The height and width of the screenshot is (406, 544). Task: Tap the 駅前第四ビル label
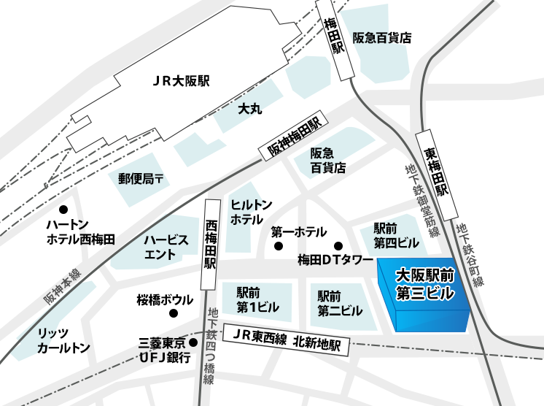[397, 234]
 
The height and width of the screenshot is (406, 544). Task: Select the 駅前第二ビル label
[340, 303]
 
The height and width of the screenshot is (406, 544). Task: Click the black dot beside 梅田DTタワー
[338, 245]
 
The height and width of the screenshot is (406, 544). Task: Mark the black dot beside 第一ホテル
[278, 246]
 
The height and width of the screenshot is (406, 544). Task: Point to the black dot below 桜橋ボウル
[174, 314]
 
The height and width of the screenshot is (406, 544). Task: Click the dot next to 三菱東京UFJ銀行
[193, 342]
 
